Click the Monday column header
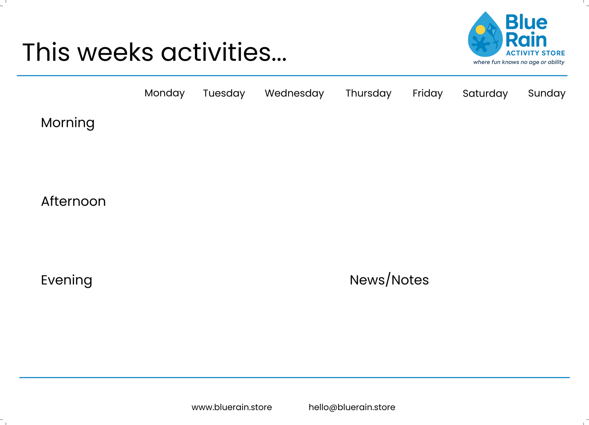pos(164,93)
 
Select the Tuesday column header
pos(224,93)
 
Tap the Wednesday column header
pos(294,93)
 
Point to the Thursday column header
pos(368,93)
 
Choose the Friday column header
pos(427,93)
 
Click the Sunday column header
pos(547,93)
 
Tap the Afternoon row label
pos(73,201)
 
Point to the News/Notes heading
pos(389,280)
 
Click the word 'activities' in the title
pos(223,52)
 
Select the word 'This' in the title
pos(46,52)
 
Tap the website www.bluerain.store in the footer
pos(232,407)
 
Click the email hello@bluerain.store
pos(352,407)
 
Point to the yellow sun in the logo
pos(480,30)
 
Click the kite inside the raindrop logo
pos(492,30)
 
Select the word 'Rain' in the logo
pos(526,40)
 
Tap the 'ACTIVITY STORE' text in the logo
pos(535,53)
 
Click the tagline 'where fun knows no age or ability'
pos(519,62)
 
